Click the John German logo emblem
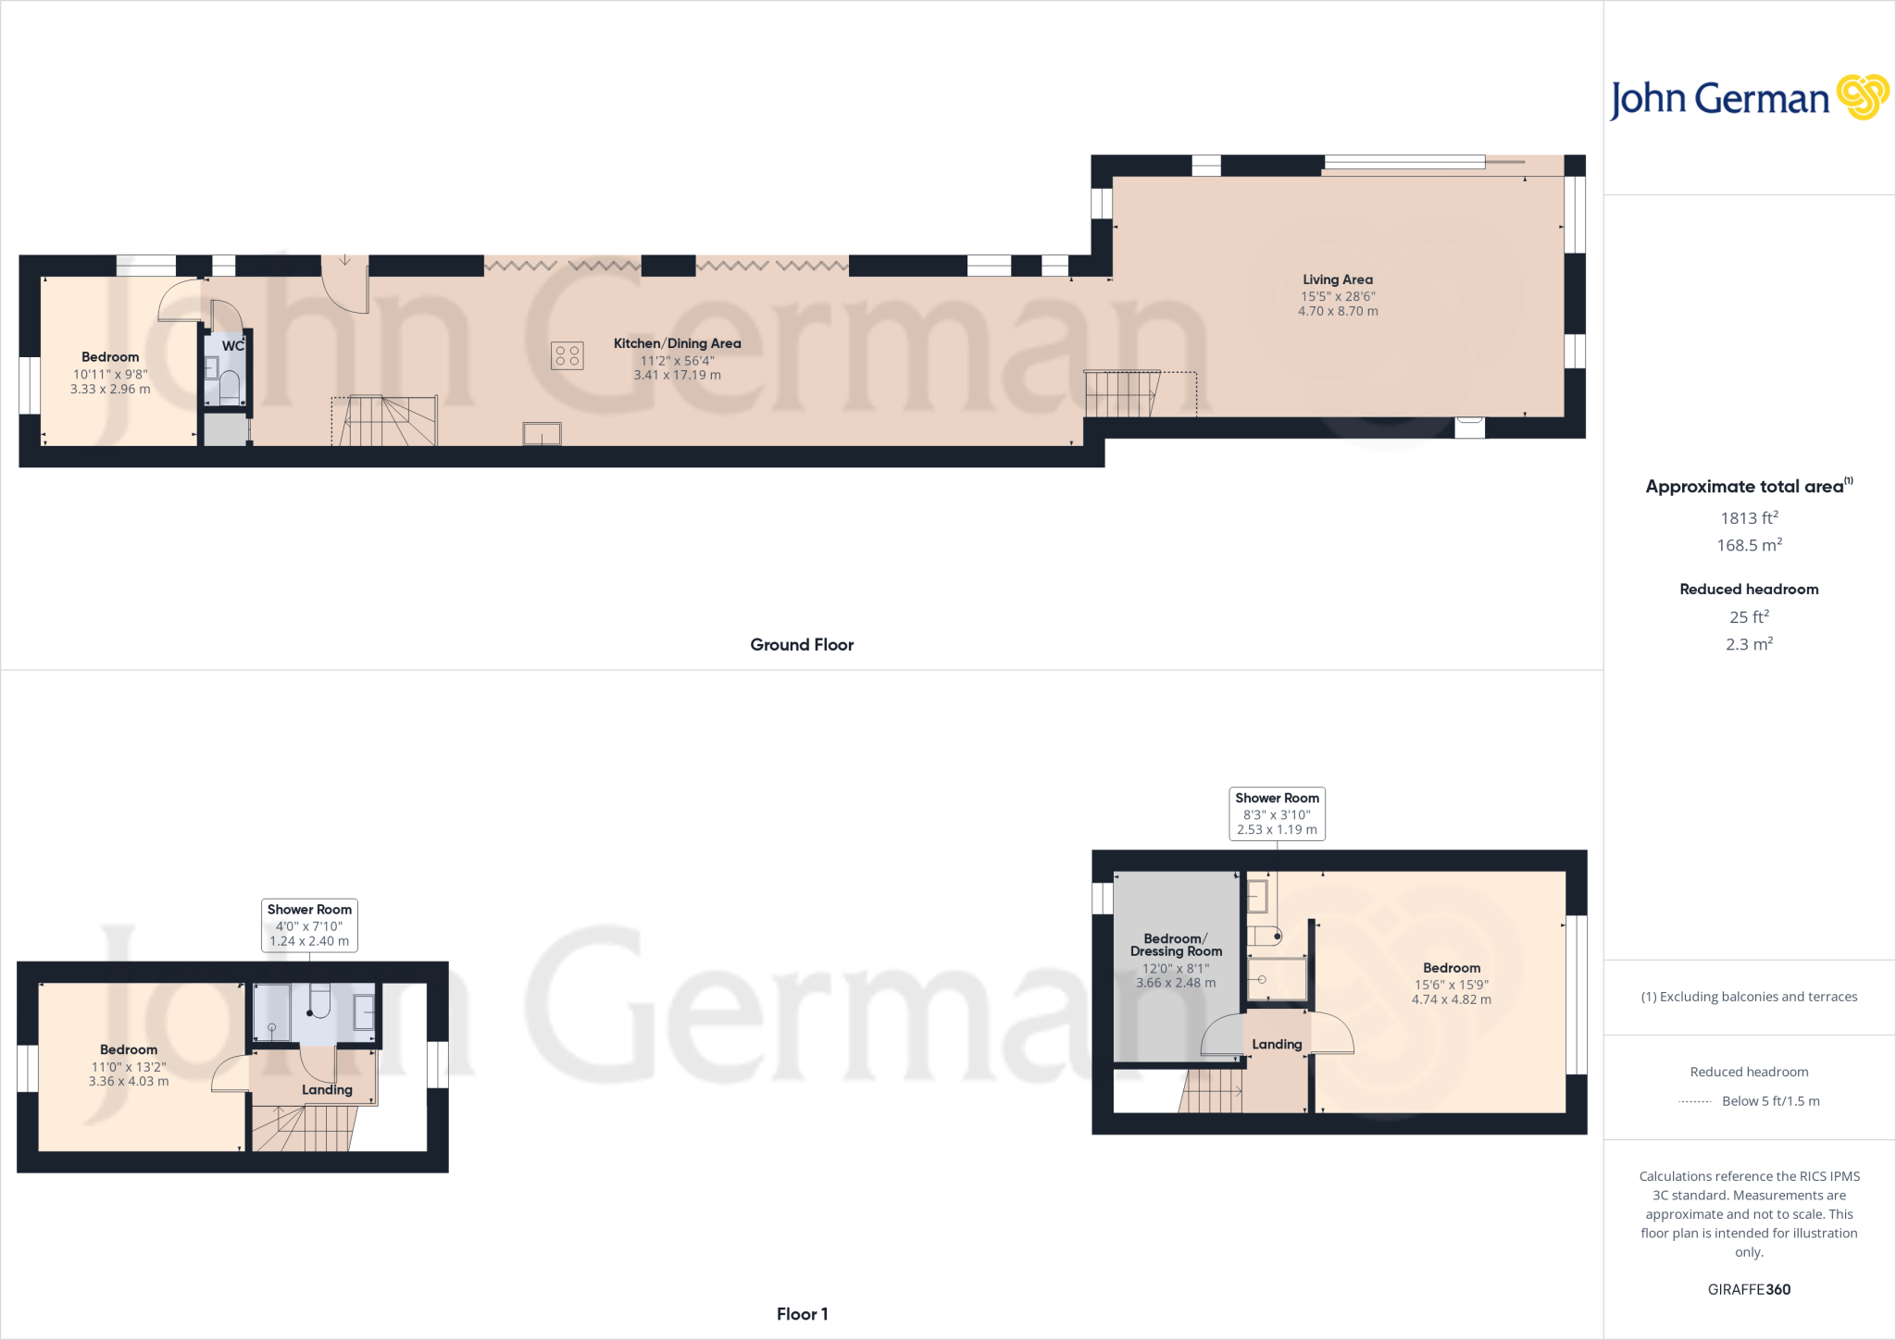point(1863,97)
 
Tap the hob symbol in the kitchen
point(568,355)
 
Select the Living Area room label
point(1338,279)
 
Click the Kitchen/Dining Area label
point(677,343)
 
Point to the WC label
point(232,346)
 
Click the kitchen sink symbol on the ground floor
point(542,433)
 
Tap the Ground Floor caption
point(802,645)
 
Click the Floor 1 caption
point(802,1314)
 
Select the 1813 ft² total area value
point(1749,518)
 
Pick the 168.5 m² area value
point(1749,545)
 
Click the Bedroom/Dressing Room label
point(1176,945)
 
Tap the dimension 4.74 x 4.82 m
point(1451,999)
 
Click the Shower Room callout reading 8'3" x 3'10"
point(1277,813)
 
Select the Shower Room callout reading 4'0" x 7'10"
point(309,924)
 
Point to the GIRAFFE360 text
point(1749,1289)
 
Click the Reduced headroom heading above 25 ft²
point(1749,589)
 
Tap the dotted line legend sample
point(1694,1102)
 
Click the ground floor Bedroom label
point(110,357)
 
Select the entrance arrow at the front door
point(344,260)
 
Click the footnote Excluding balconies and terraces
point(1749,997)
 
